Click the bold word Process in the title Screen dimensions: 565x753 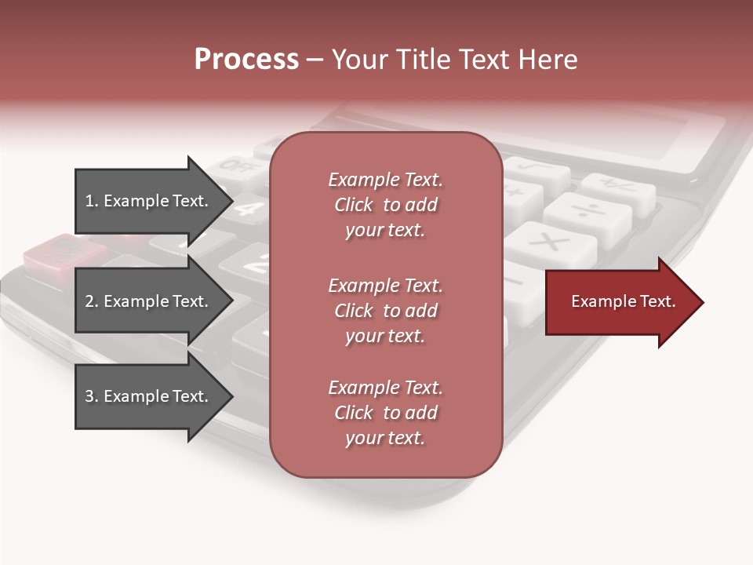[x=246, y=60]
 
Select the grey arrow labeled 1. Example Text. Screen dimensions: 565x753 [x=146, y=201]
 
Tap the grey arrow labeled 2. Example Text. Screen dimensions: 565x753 [x=146, y=301]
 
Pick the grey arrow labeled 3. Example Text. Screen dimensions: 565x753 [x=146, y=396]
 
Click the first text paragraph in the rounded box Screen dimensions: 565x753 [x=385, y=205]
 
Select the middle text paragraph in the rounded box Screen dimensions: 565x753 [x=385, y=311]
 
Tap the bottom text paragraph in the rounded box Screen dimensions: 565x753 [x=385, y=413]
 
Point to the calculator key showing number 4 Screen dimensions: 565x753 [x=249, y=208]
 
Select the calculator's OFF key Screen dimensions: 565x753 [x=232, y=166]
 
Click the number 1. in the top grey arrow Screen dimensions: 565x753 [x=91, y=201]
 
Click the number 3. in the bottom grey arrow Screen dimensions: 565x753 [x=91, y=396]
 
